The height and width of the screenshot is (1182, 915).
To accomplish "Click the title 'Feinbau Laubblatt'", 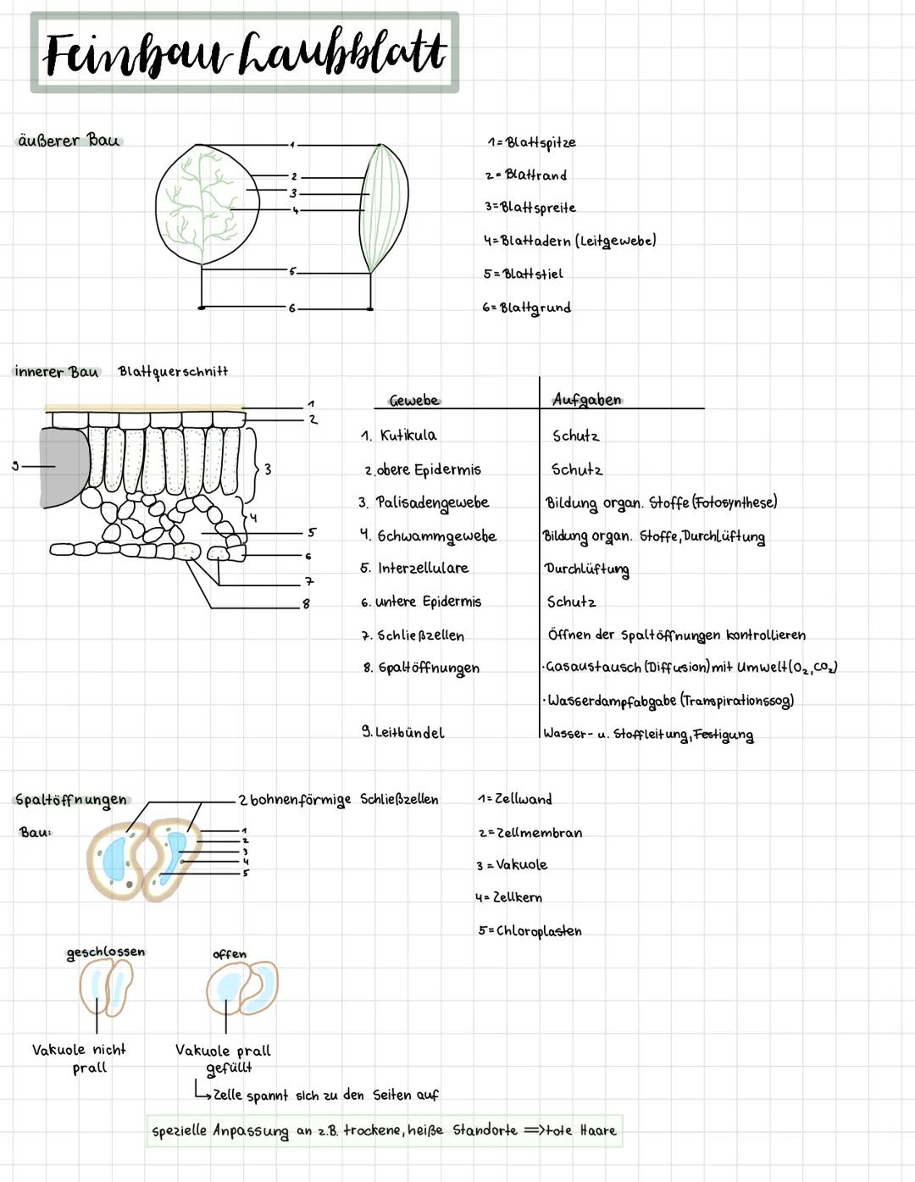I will click(244, 53).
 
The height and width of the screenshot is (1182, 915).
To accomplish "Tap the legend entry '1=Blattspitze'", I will click(531, 142).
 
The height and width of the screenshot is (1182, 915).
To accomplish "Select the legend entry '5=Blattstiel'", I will click(523, 274).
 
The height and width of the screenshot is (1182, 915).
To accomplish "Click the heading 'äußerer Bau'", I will click(69, 141).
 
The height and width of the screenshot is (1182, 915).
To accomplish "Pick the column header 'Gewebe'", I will click(413, 400).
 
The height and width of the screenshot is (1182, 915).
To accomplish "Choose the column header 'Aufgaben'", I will click(586, 399).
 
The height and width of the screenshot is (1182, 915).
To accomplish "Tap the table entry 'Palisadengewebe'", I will click(432, 502).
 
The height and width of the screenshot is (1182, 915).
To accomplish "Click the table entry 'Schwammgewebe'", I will click(436, 536).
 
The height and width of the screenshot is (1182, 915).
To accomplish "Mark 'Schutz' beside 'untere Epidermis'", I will click(571, 602).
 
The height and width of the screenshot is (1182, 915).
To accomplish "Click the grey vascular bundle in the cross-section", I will click(64, 466).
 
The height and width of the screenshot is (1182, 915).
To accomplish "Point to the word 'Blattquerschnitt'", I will click(173, 371).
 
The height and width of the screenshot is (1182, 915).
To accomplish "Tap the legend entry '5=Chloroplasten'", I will click(530, 930).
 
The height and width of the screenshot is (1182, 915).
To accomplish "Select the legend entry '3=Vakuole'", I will click(512, 864).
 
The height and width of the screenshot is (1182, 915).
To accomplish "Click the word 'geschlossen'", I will click(106, 952).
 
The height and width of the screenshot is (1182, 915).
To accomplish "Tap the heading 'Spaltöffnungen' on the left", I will click(71, 799).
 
